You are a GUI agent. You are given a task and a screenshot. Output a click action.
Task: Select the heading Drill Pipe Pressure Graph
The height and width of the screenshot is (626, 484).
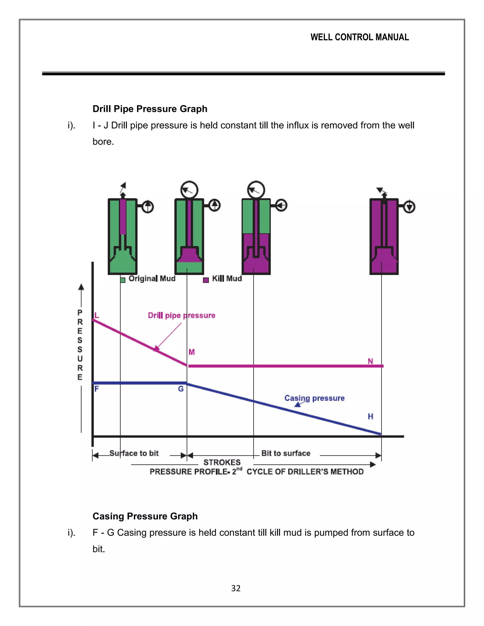(150, 109)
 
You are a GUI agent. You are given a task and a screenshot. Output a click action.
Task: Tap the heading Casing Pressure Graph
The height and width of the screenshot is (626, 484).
(145, 516)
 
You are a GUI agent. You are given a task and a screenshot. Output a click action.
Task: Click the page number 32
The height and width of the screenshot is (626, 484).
(236, 588)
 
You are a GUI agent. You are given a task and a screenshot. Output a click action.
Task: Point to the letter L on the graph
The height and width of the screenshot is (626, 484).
(97, 316)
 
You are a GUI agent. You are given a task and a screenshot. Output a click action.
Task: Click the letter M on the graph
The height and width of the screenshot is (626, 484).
(191, 352)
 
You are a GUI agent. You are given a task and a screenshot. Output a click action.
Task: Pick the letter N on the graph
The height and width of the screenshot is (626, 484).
(371, 361)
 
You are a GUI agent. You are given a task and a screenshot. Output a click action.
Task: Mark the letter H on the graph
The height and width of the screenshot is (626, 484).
(371, 416)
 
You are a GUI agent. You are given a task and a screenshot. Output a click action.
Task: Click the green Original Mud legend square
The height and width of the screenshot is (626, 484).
(123, 280)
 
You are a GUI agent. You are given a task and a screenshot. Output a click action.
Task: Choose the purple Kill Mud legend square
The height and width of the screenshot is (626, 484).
(206, 280)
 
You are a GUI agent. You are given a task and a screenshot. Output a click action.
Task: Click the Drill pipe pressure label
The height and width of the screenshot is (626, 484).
(181, 315)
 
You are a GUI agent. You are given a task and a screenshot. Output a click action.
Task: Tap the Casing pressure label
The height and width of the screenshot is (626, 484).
(314, 398)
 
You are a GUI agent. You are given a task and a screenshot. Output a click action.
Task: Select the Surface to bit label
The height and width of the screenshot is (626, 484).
(134, 453)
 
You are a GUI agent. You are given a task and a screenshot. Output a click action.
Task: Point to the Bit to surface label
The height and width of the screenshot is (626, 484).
(285, 453)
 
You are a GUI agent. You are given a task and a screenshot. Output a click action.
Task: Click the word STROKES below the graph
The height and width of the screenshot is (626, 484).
(222, 462)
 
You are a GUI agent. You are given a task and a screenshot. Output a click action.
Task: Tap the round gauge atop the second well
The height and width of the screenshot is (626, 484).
(189, 190)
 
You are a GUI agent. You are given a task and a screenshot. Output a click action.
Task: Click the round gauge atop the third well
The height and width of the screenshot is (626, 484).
(256, 190)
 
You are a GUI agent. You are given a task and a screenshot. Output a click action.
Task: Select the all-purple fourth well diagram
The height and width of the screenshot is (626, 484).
(384, 236)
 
